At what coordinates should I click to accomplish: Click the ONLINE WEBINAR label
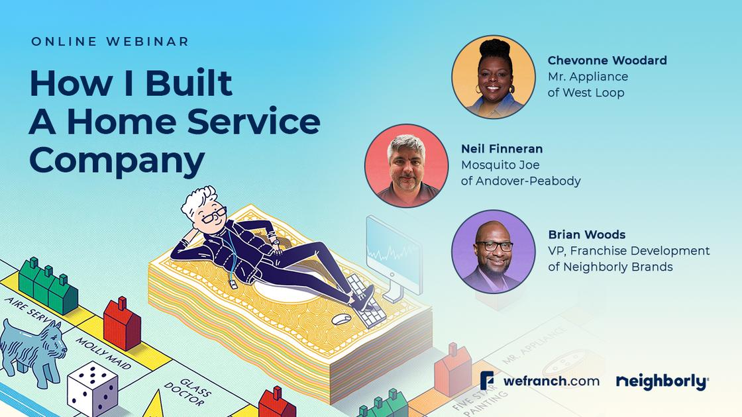110,41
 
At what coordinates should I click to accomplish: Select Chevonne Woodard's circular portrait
494,77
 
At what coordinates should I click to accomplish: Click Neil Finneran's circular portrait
406,165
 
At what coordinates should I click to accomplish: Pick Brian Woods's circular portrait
494,252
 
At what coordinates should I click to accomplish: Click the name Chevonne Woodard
607,60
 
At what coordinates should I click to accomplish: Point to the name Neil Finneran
502,149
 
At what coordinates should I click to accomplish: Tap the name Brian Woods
586,235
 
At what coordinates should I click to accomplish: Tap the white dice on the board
92,388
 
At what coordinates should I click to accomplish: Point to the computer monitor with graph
393,252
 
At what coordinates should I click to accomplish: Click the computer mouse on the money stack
341,320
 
